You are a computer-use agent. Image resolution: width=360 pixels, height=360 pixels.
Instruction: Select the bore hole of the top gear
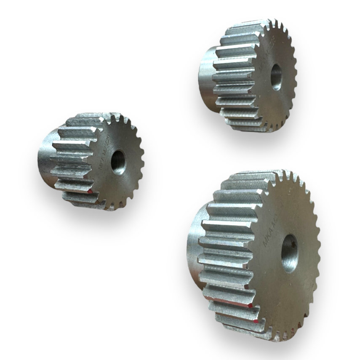276,77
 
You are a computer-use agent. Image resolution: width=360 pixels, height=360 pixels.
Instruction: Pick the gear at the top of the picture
248,76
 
